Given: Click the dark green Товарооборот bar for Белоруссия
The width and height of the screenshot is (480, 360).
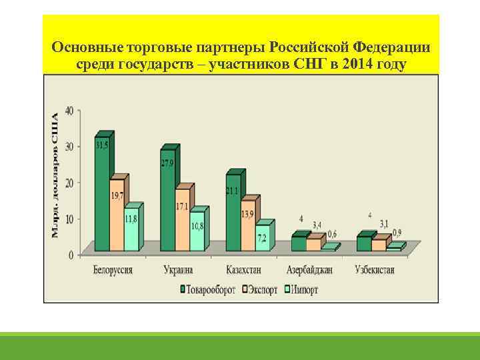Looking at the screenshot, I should click(x=102, y=193).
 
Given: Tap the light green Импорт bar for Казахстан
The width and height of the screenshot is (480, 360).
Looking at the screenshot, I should click(x=262, y=237).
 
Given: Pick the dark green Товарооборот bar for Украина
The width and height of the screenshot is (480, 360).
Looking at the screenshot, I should click(x=167, y=200).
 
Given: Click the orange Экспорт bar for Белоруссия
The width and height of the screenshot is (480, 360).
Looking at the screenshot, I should click(x=117, y=213).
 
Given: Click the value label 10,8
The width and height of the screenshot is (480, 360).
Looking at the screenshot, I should click(x=197, y=226).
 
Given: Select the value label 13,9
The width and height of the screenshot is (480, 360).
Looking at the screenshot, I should click(x=247, y=213).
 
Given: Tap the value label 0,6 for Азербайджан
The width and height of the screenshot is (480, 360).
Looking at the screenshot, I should click(x=332, y=233).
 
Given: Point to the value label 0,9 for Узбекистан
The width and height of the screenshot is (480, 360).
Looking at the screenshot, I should click(x=397, y=233).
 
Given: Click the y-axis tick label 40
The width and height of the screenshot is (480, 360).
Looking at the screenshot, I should click(x=69, y=110).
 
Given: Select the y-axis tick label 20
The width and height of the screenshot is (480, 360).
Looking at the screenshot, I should click(x=69, y=182).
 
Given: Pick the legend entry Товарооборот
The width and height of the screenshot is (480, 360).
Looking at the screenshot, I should click(x=207, y=290).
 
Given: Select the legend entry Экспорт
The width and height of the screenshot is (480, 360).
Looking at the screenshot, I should click(x=263, y=290).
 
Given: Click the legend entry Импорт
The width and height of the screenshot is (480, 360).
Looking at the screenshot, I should click(x=303, y=290).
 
